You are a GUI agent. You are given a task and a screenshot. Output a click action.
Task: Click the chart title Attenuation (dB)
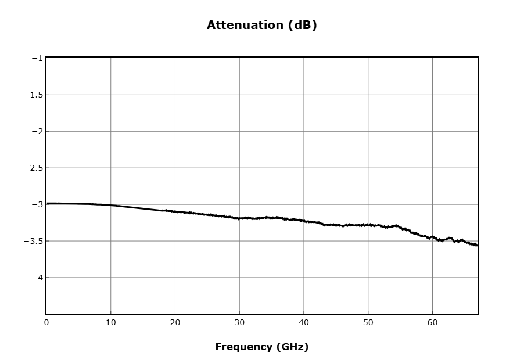pos(261,25)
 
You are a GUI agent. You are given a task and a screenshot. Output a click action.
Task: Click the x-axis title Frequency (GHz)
pos(261,347)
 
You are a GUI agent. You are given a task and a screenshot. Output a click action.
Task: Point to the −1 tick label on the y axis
pos(37,59)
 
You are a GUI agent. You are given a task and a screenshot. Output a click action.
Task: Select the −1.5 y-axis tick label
pos(34,95)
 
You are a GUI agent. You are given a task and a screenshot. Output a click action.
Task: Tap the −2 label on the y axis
pos(37,131)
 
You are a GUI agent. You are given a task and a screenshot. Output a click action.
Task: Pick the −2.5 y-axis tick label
pos(34,168)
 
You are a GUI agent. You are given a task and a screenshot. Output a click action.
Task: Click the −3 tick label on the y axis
pos(37,204)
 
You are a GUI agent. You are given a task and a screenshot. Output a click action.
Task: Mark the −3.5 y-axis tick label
pos(34,241)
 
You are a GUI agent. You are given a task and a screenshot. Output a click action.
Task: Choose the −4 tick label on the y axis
pos(37,278)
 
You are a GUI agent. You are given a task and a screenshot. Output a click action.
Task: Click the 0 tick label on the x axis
pos(46,323)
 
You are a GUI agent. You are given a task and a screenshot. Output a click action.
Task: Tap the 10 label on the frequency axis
pos(110,323)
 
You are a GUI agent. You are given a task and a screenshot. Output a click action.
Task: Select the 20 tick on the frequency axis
pos(175,323)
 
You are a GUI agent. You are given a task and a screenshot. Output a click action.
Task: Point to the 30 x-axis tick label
pos(239,323)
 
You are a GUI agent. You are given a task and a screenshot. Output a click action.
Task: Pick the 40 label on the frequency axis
pos(304,323)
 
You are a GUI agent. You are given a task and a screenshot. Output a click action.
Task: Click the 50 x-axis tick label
pos(368,323)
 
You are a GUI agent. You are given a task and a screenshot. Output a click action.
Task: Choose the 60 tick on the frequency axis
pos(432,323)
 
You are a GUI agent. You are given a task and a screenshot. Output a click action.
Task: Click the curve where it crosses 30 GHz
pos(239,219)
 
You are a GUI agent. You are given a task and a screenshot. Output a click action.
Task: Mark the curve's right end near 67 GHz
pos(478,245)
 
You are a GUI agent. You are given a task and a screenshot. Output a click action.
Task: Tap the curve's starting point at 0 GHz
pos(47,203)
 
